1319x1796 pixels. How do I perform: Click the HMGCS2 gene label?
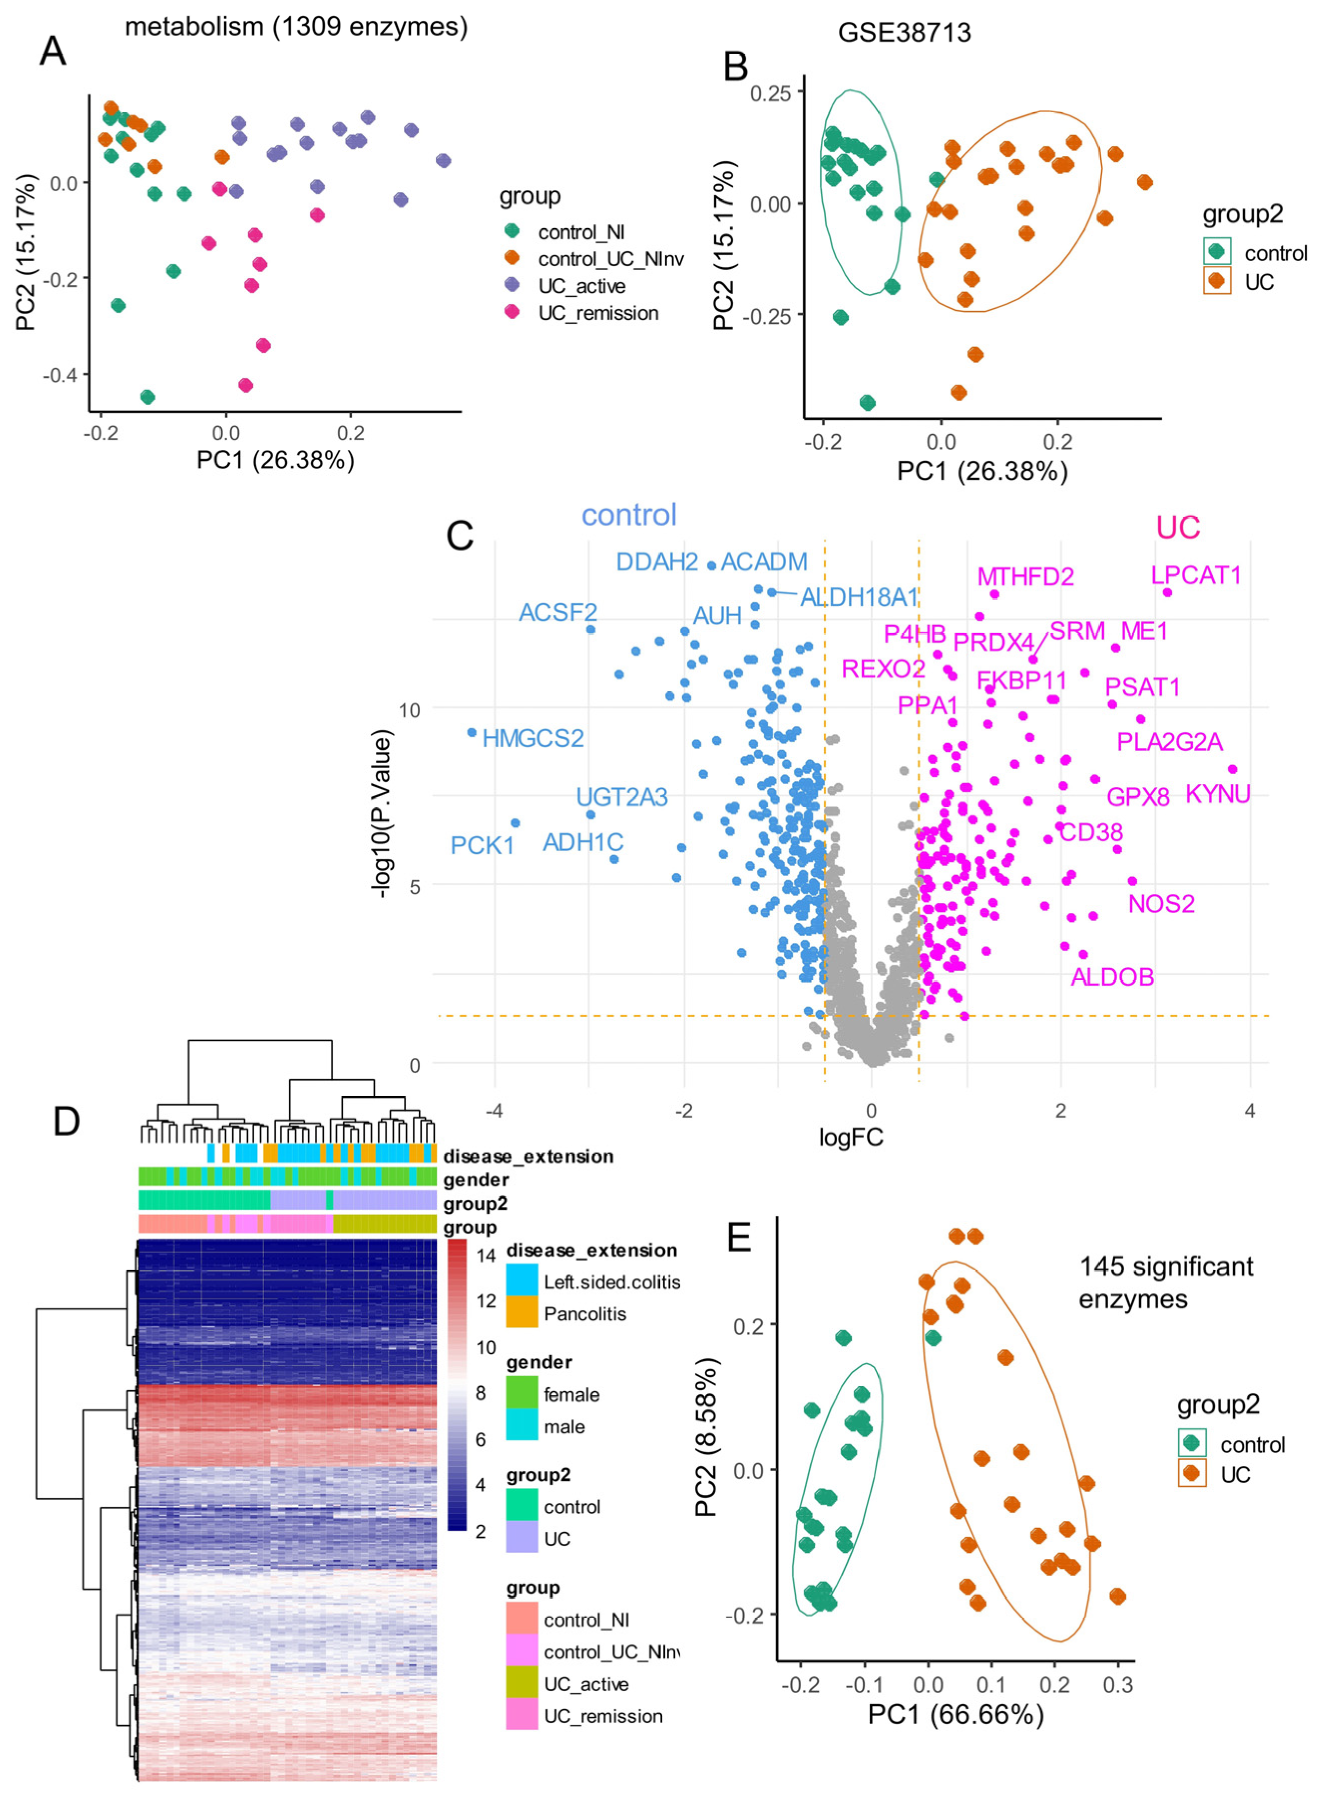(x=533, y=739)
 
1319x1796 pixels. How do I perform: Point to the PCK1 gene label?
(x=482, y=846)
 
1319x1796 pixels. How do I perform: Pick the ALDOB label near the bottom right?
(x=1112, y=976)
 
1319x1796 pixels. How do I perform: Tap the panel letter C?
(x=460, y=536)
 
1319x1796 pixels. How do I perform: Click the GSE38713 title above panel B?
(x=904, y=33)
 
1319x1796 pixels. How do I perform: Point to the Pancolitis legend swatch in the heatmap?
(x=521, y=1314)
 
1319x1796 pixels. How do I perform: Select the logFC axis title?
(x=850, y=1137)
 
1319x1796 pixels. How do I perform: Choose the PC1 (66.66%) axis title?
(x=956, y=1714)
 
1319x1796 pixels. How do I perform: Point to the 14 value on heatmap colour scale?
(x=486, y=1255)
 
